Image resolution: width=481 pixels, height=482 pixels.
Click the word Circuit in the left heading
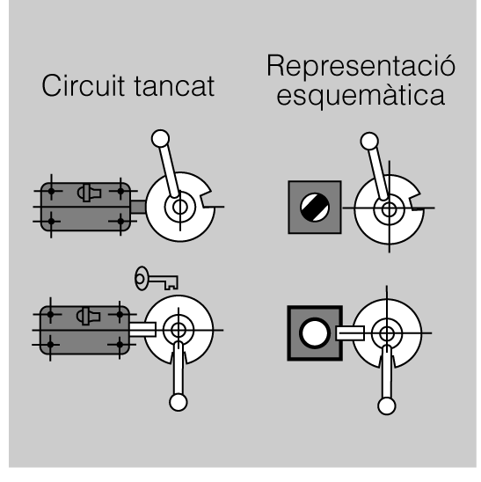click(83, 85)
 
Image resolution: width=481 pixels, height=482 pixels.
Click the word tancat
click(174, 86)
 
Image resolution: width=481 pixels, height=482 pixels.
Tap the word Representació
click(361, 67)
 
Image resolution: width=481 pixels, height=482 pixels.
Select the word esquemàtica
click(361, 96)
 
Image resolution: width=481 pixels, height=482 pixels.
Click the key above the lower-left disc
click(157, 279)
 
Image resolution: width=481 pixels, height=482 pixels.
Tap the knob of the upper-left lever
click(160, 139)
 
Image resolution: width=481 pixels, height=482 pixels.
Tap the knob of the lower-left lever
click(179, 402)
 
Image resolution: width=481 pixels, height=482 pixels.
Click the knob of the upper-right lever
click(369, 141)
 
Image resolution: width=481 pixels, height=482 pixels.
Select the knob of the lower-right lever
click(387, 405)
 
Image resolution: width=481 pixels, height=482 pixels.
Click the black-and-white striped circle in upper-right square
click(315, 208)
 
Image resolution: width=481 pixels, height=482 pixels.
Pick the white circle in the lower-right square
click(315, 333)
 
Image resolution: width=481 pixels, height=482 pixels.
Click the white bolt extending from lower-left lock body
click(142, 330)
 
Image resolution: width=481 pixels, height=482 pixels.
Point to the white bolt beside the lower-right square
click(350, 333)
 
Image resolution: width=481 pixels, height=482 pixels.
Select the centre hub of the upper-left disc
click(180, 207)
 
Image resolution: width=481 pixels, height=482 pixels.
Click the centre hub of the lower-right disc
click(387, 333)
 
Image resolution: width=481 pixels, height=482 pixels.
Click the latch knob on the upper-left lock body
click(89, 193)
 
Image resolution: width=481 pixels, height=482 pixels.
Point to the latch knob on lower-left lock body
click(88, 316)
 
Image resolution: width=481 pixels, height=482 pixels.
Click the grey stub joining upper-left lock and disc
click(138, 207)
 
